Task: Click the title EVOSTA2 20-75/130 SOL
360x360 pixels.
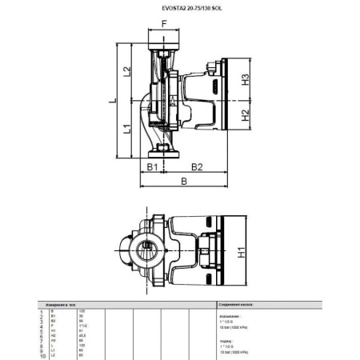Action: pos(179,9)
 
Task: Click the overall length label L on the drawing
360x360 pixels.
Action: pos(113,101)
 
